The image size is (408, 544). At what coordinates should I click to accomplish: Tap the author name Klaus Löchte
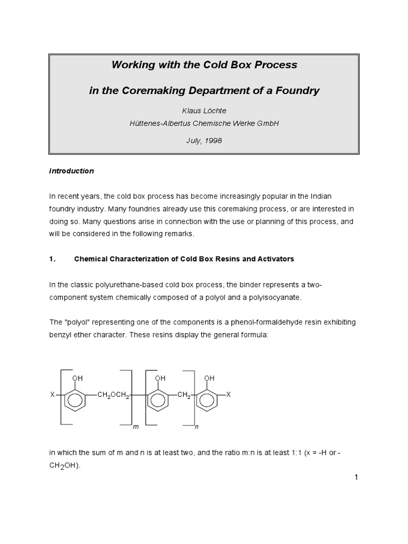(x=204, y=111)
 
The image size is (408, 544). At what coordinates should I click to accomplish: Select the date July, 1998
(x=204, y=141)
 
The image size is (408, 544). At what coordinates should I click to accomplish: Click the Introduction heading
(x=72, y=171)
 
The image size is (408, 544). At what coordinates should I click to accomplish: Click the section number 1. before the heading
(x=53, y=259)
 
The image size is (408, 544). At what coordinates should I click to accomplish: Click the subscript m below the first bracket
(x=135, y=427)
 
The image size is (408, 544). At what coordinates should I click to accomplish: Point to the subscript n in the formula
(x=197, y=427)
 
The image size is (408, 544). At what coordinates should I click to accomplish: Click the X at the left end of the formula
(x=52, y=395)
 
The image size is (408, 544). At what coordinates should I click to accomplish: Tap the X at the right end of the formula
(x=228, y=395)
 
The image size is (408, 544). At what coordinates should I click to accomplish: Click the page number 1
(x=356, y=477)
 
